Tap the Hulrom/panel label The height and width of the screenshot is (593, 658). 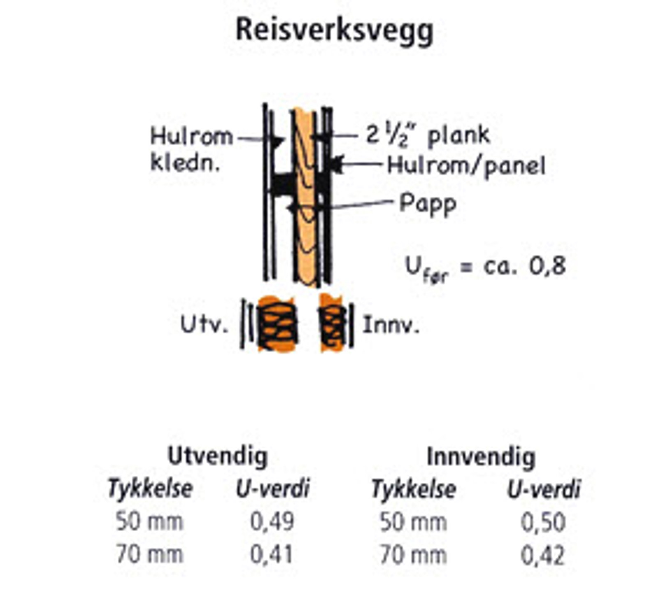[466, 166]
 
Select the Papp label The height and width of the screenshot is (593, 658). [428, 204]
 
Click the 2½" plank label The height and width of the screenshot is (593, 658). [428, 135]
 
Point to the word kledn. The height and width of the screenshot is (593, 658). [185, 163]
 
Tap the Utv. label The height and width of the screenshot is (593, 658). [204, 325]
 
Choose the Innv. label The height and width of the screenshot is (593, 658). [391, 326]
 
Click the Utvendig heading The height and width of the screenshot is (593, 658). [218, 456]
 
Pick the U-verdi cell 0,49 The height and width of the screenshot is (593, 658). [272, 522]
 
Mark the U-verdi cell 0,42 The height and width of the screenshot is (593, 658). [543, 555]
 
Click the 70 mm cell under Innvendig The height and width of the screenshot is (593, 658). [413, 554]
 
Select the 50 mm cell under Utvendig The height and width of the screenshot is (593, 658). [149, 522]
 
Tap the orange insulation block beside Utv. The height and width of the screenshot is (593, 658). [276, 324]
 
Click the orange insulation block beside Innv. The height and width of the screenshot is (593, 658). [332, 324]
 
